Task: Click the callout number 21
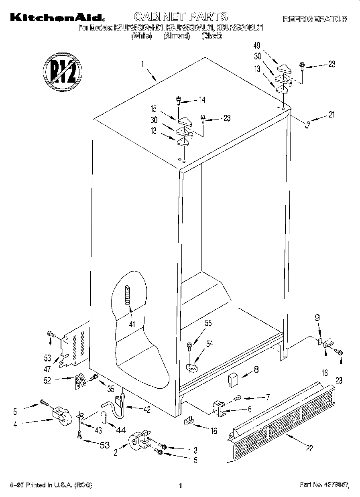point(331,115)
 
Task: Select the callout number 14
point(202,99)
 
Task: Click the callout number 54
point(209,344)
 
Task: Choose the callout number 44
point(121,430)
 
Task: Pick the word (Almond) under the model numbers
point(176,36)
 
